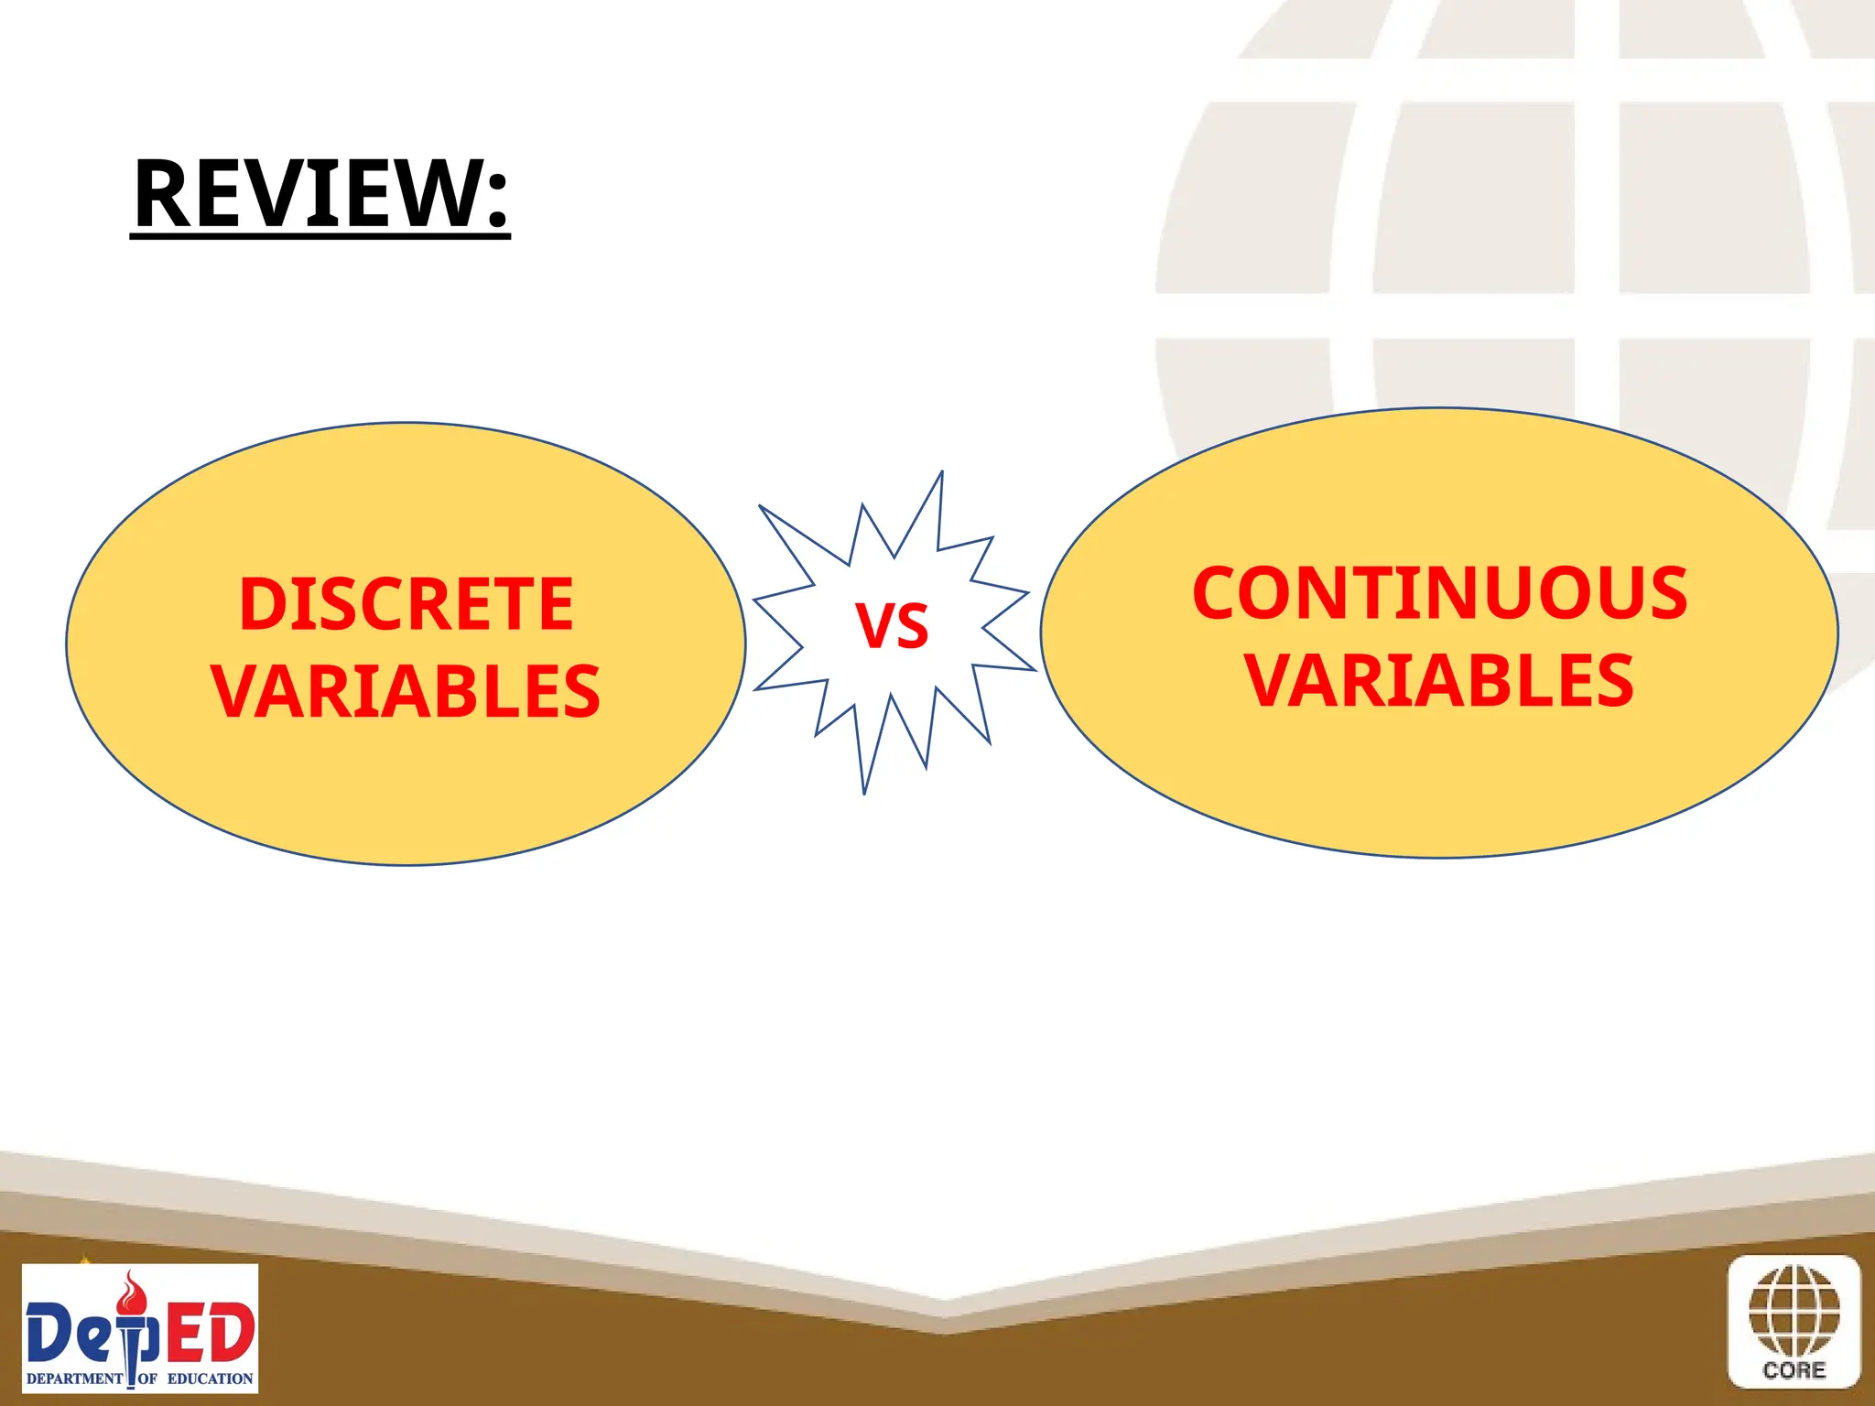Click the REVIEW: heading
[320, 194]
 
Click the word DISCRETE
[406, 605]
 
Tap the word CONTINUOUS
[1439, 593]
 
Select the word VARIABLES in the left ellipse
[406, 691]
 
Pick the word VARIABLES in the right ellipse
[1439, 681]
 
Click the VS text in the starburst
[892, 627]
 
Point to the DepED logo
[140, 1328]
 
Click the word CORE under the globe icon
[1794, 1370]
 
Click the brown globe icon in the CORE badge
[1794, 1311]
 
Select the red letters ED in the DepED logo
[210, 1333]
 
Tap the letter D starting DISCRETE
[259, 605]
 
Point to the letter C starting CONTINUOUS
[1219, 593]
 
